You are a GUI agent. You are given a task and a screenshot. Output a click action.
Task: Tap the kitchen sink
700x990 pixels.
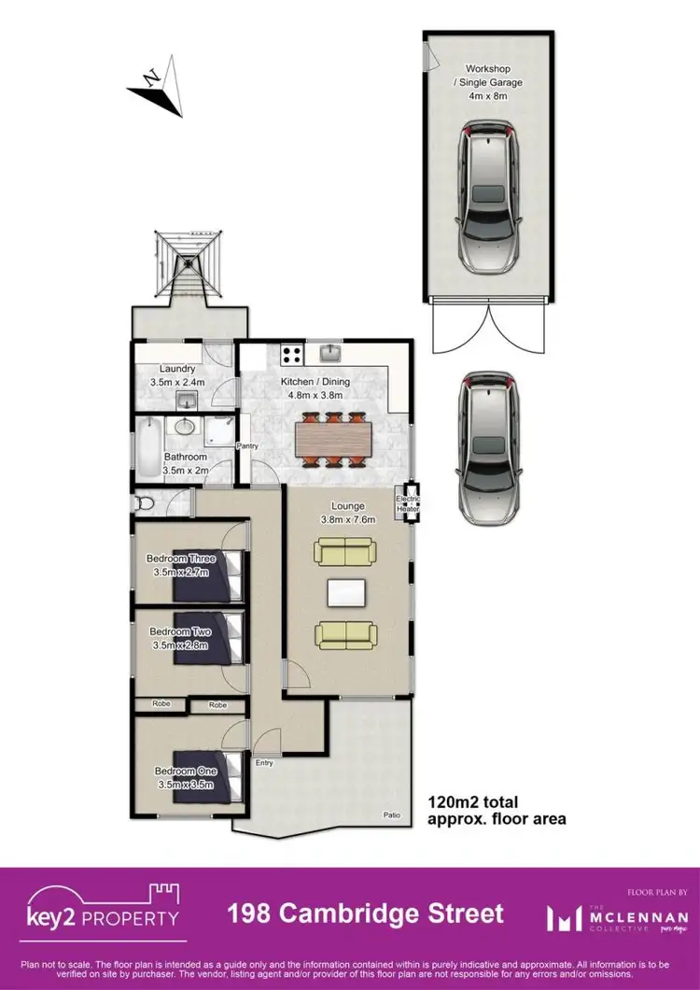[x=332, y=352]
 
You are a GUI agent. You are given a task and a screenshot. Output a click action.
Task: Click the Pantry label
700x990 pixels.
[x=247, y=446]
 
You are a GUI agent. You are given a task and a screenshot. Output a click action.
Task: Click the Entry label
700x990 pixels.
[x=264, y=763]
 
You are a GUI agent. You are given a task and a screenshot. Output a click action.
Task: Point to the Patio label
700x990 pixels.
[x=394, y=815]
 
